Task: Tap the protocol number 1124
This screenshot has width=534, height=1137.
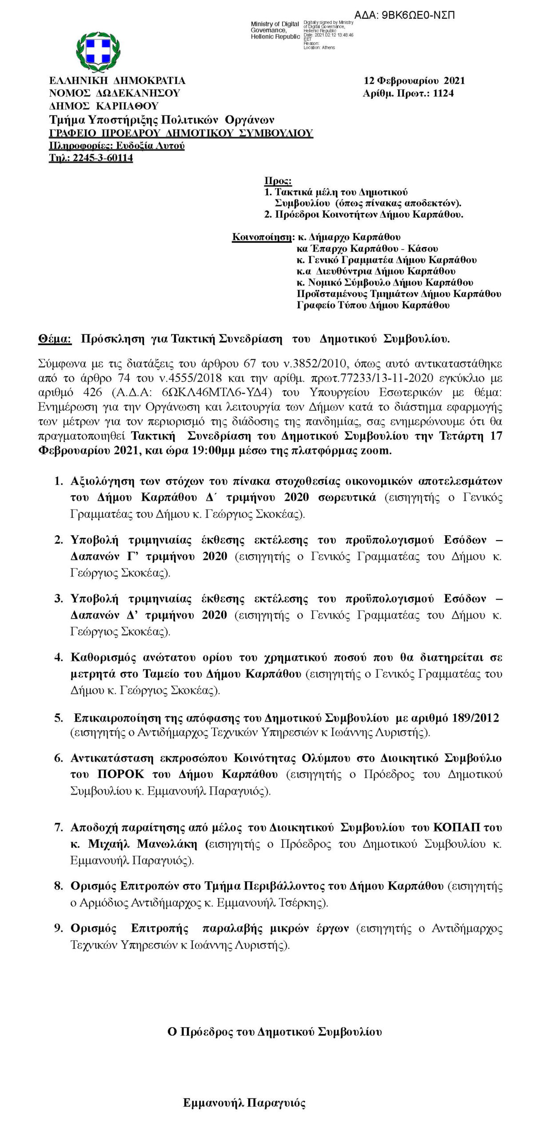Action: click(443, 93)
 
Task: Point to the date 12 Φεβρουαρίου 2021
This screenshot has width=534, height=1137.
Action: click(414, 80)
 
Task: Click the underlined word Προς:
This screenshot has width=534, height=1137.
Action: click(278, 181)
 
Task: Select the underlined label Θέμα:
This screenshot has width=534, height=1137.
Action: click(55, 339)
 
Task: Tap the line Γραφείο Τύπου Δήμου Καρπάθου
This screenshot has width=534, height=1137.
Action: click(373, 305)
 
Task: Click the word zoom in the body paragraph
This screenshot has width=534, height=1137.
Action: click(378, 451)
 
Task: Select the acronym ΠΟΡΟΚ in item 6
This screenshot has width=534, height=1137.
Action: click(121, 774)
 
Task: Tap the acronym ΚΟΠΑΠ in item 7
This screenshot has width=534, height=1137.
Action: click(461, 827)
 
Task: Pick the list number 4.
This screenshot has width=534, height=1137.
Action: click(59, 657)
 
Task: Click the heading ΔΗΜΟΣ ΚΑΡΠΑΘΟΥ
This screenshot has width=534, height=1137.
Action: click(104, 106)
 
